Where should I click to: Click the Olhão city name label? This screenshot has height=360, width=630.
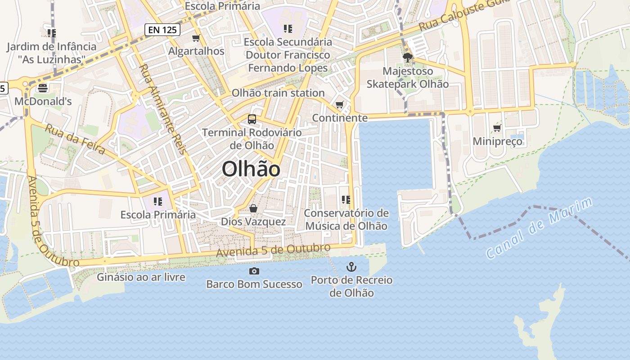click(251, 169)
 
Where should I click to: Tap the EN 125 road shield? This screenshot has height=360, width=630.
click(162, 30)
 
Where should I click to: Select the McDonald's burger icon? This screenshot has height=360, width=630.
click(43, 87)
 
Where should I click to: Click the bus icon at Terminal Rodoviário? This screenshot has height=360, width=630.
click(252, 119)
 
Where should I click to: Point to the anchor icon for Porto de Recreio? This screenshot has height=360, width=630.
click(351, 267)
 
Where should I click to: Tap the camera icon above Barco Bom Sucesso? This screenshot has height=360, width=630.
click(254, 271)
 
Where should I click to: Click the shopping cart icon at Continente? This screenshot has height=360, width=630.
click(340, 105)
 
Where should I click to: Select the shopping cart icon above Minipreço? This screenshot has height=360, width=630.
click(497, 128)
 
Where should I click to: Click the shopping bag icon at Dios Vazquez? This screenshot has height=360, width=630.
click(253, 208)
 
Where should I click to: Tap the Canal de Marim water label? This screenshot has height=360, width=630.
click(540, 228)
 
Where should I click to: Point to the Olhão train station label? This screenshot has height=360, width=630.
click(278, 93)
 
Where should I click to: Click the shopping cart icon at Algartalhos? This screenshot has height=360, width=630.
click(196, 38)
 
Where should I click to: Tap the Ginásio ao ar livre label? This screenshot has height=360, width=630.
click(141, 277)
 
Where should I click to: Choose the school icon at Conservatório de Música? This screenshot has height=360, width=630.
click(346, 199)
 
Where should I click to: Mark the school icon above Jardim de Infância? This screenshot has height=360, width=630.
click(51, 33)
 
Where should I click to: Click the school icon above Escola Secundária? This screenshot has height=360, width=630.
click(288, 29)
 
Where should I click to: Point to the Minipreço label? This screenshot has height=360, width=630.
click(497, 142)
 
